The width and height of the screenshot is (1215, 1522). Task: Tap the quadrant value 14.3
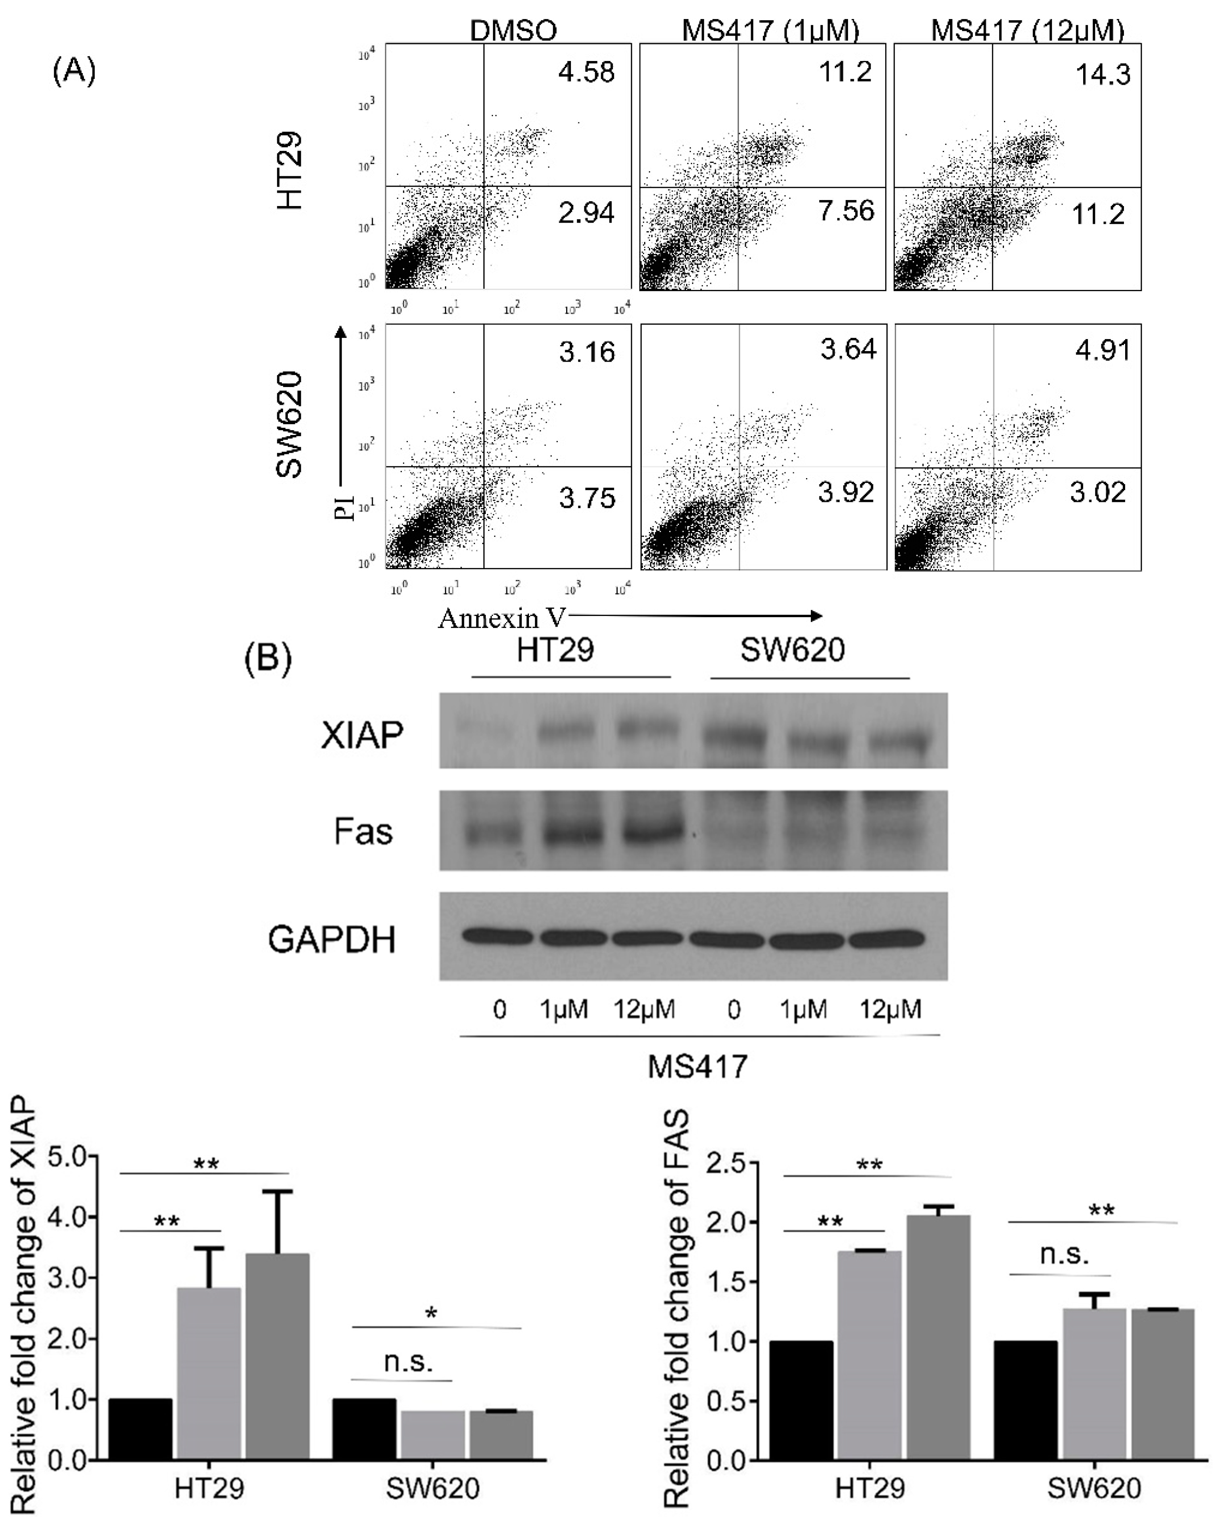pyautogui.click(x=1102, y=74)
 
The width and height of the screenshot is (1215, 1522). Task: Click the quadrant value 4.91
pyautogui.click(x=1102, y=350)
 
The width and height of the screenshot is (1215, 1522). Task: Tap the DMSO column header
pyautogui.click(x=513, y=31)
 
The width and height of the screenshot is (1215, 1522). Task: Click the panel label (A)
pyautogui.click(x=74, y=72)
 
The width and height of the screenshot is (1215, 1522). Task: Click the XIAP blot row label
pyautogui.click(x=362, y=735)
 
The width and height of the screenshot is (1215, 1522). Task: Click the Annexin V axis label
pyautogui.click(x=502, y=618)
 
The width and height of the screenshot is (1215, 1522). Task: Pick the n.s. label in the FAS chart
pyautogui.click(x=1064, y=1255)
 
